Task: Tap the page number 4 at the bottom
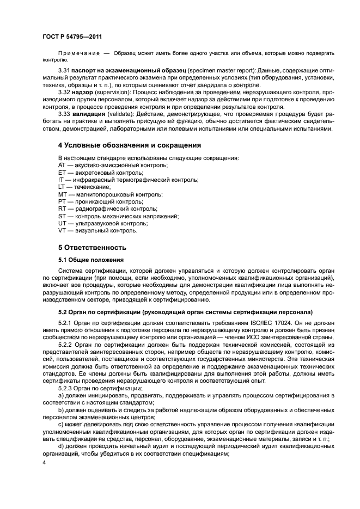pyautogui.click(x=44, y=463)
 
